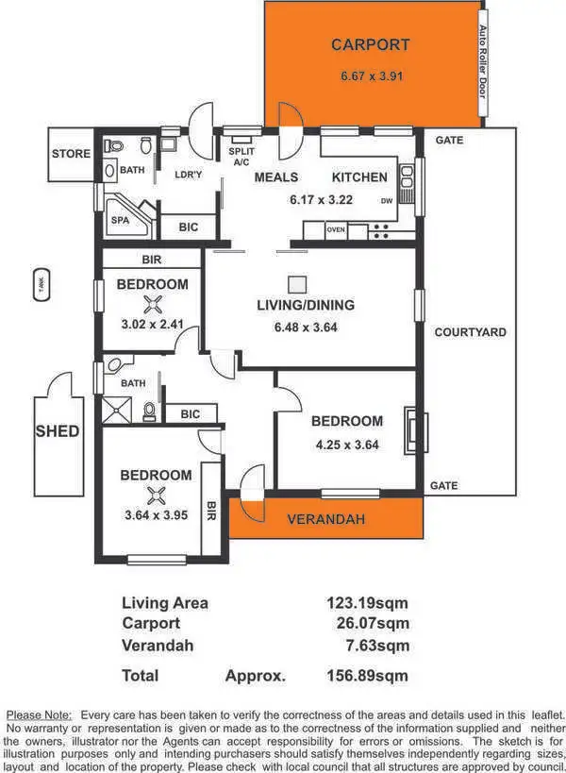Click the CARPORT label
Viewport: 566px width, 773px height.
tap(371, 44)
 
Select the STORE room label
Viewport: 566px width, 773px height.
tap(72, 154)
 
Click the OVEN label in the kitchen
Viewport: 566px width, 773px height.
tap(336, 229)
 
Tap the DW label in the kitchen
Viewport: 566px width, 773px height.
tap(387, 201)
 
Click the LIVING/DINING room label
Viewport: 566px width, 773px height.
tap(306, 305)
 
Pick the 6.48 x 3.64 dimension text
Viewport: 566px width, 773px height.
tap(306, 328)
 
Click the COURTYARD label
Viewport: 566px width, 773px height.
tap(470, 332)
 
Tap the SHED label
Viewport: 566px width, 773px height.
tap(58, 431)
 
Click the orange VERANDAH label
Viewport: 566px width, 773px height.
tap(325, 519)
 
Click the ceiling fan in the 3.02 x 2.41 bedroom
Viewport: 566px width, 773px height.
tap(153, 304)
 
